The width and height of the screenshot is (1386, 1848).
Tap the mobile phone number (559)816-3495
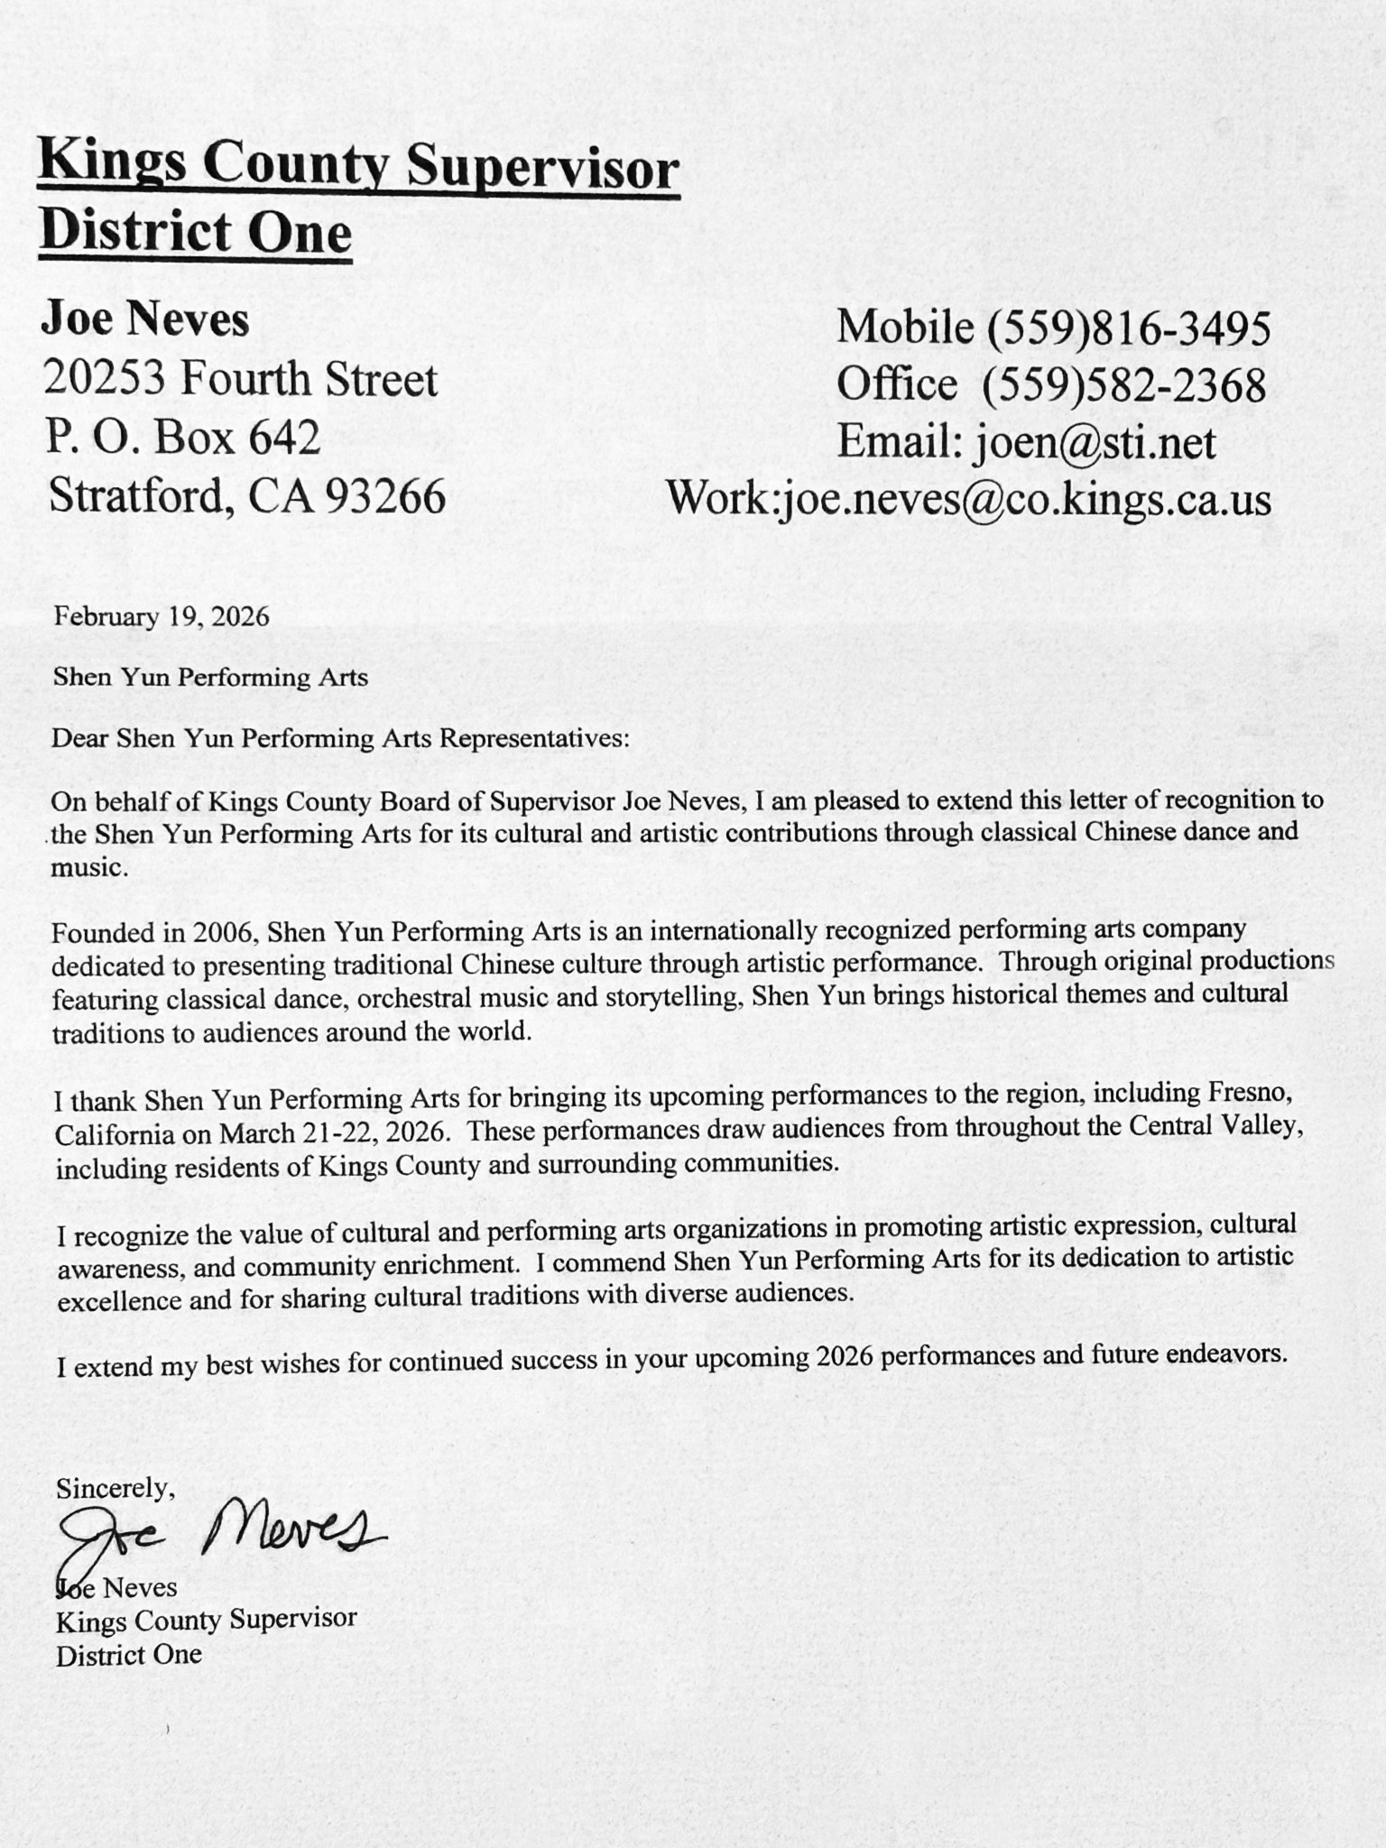1128,328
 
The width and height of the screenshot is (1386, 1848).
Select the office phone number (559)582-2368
1123,385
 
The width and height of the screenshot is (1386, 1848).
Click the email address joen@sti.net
1093,442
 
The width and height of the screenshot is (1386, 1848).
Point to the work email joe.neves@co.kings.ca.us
1024,499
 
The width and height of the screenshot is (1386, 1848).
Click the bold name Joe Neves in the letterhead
145,320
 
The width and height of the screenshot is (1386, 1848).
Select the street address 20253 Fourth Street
241,379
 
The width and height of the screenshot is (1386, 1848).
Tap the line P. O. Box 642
184,437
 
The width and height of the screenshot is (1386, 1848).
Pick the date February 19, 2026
162,616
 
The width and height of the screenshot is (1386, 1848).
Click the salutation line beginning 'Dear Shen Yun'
339,738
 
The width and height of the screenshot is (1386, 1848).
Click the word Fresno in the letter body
1252,1094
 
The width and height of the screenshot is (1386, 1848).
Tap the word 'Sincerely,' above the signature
115,1488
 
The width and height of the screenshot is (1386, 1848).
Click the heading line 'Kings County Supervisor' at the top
358,166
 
